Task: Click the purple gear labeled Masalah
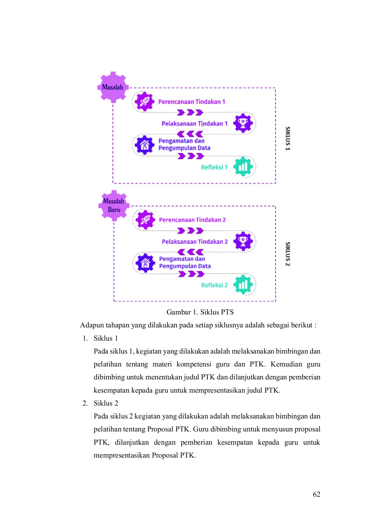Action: (x=113, y=87)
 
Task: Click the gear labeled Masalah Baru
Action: (x=114, y=205)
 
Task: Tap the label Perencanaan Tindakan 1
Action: (x=192, y=102)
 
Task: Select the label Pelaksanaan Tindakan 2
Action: (x=195, y=242)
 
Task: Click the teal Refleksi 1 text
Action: (x=214, y=167)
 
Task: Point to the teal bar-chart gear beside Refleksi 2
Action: (x=243, y=284)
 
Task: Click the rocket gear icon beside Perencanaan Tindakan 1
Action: (x=144, y=102)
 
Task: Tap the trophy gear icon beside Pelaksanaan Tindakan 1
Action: (x=243, y=123)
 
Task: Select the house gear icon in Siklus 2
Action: (x=145, y=263)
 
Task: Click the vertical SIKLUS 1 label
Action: (x=288, y=138)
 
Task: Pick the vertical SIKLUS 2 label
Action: (x=288, y=254)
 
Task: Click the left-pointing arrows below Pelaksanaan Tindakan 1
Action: (x=190, y=134)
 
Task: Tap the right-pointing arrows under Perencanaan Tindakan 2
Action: (x=190, y=231)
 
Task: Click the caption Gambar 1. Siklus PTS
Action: (x=200, y=312)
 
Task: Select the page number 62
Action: (x=316, y=494)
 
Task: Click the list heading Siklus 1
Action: (x=106, y=338)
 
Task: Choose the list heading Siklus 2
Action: (x=106, y=403)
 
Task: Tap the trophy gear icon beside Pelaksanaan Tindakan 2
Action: (x=243, y=241)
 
